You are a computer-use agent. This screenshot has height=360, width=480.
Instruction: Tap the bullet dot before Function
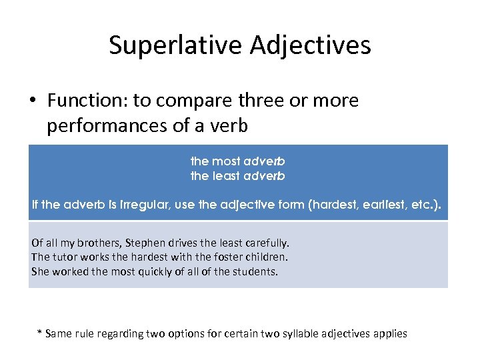click(32, 101)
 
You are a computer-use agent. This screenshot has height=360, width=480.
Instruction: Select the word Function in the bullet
click(87, 101)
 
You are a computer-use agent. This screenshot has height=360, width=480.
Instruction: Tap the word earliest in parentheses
click(373, 205)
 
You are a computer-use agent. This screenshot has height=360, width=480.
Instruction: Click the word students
click(256, 271)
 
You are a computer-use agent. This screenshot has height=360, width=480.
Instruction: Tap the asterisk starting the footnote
click(39, 333)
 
